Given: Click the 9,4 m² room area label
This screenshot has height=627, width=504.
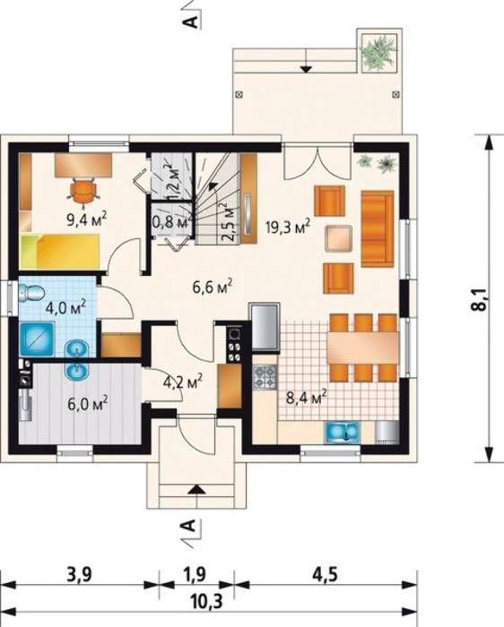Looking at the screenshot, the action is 87,219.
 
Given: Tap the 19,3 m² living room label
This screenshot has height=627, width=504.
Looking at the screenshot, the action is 288,228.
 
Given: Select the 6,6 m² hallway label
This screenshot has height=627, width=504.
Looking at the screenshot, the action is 213,287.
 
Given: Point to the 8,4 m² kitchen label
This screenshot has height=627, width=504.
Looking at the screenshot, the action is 306,398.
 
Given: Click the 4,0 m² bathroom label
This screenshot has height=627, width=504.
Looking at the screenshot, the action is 65,308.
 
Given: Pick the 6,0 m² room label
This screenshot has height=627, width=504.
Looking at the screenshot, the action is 87,404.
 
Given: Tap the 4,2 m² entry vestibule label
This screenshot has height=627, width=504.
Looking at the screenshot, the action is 183,382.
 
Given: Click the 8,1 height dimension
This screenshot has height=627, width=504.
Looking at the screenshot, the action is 482,299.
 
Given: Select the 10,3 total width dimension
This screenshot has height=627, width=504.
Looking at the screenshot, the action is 206,601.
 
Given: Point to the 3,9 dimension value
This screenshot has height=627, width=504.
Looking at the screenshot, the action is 79,575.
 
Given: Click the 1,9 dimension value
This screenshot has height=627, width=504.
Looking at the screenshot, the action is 195,575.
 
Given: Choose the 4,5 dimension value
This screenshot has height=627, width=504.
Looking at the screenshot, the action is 325,575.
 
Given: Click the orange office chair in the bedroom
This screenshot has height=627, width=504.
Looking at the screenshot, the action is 84,193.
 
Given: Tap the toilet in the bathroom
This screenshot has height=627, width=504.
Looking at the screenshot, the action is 30,292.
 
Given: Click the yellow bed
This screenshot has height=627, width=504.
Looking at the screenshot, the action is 59,251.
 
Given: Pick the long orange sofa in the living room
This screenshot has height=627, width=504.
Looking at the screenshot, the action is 378,228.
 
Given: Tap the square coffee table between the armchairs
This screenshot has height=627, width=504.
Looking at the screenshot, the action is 339,238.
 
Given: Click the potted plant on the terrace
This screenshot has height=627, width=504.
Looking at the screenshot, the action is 378,52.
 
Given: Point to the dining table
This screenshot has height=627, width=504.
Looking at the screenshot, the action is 363,348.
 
